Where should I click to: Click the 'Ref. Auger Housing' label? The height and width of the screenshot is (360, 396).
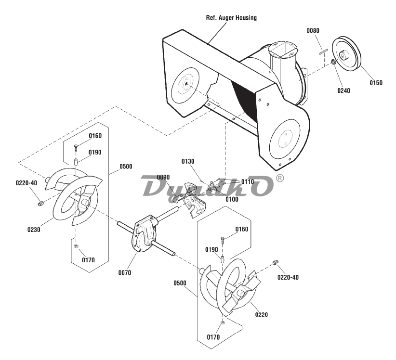point(231,18)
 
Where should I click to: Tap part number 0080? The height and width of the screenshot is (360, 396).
point(313,30)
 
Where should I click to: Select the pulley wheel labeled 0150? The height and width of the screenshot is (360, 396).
point(346,55)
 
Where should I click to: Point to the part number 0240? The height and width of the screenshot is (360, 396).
point(343,90)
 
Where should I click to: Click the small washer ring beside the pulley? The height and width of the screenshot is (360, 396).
point(333,62)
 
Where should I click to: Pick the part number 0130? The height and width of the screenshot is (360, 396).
point(188,161)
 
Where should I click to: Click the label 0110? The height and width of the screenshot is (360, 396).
point(248,181)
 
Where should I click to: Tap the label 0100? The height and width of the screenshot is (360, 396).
point(232,199)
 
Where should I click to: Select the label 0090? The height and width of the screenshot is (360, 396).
point(163,177)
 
